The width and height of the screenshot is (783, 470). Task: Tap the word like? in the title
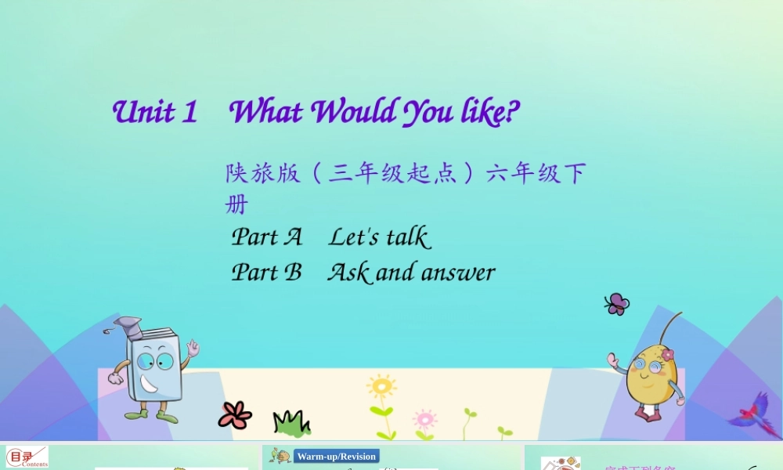point(489,112)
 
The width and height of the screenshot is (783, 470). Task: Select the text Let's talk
point(379,237)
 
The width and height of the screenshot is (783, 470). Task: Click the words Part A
point(266,237)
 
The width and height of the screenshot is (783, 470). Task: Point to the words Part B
point(266,273)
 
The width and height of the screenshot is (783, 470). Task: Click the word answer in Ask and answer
point(458,273)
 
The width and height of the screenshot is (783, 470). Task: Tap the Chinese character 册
point(236,205)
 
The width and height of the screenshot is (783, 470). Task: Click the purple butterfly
point(617,304)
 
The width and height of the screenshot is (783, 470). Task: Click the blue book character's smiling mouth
point(151,383)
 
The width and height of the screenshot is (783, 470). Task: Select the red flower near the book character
point(235,414)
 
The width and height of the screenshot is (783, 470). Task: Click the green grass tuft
point(290,423)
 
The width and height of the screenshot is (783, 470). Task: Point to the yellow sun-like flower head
point(381,387)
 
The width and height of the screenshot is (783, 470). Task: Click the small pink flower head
point(424,418)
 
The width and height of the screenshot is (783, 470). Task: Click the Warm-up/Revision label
point(336,456)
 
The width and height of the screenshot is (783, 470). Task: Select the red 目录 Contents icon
point(27,457)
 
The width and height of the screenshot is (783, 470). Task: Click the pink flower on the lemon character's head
point(667,355)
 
